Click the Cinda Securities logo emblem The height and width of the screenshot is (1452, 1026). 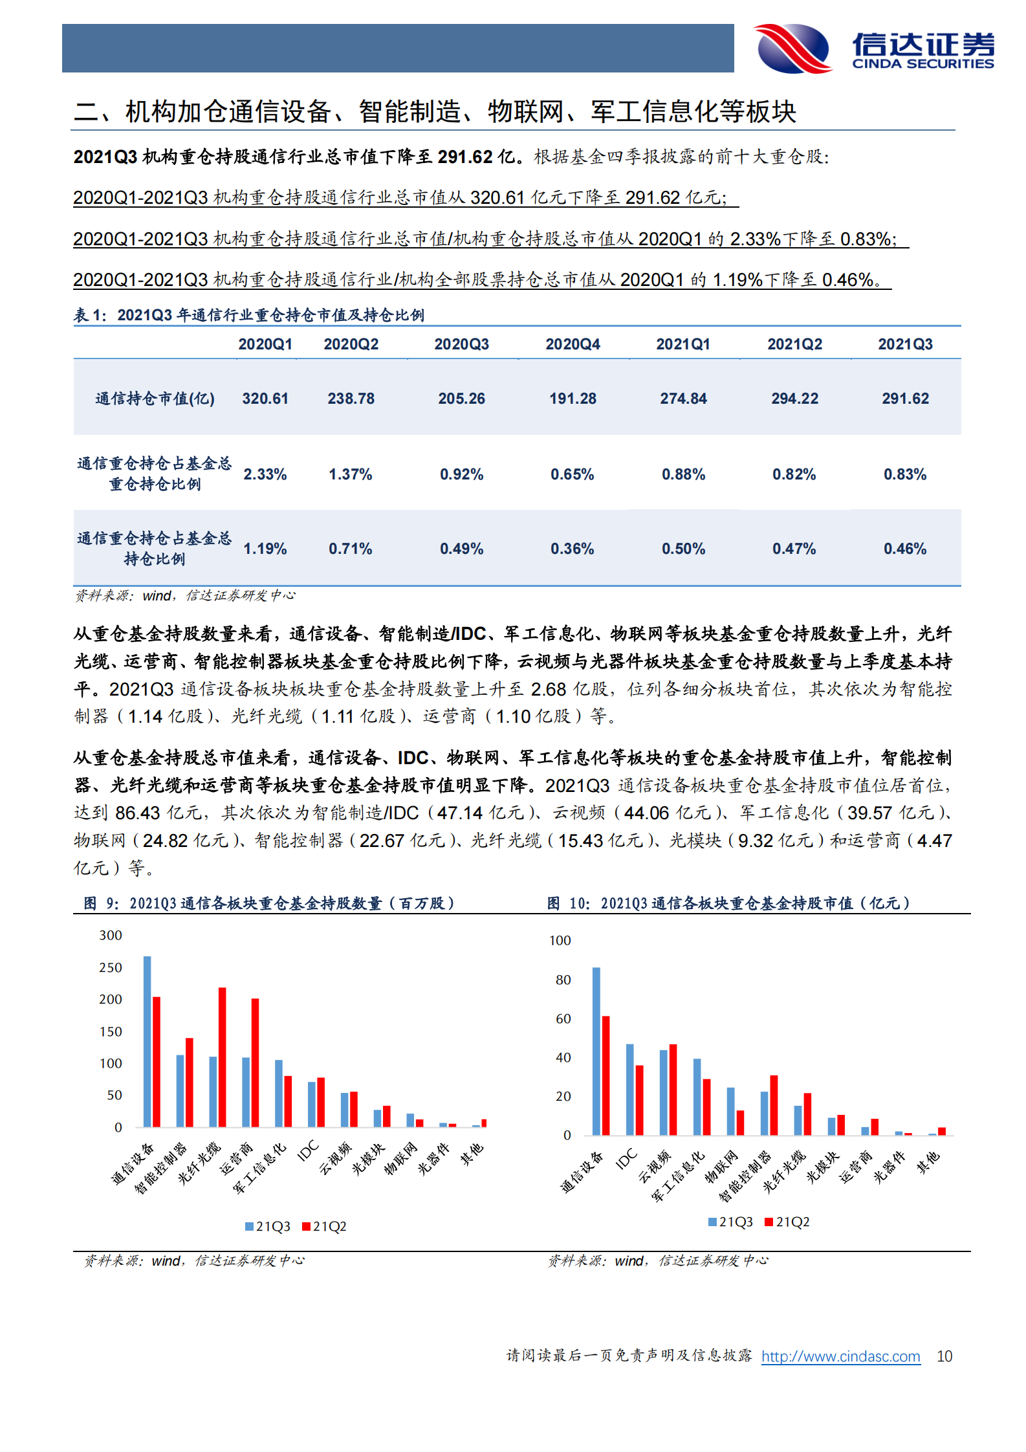tap(794, 49)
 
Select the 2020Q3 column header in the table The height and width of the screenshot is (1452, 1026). tap(461, 344)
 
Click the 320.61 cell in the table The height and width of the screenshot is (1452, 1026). tap(265, 399)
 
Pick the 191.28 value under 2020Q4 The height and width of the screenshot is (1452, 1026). tap(573, 399)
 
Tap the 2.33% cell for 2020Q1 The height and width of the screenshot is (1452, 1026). tap(265, 474)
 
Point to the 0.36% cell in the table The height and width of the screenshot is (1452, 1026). tap(573, 549)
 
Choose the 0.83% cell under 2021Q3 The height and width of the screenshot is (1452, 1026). tap(905, 474)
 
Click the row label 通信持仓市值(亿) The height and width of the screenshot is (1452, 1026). tap(155, 399)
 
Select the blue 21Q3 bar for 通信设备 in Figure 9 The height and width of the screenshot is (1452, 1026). tap(147, 1042)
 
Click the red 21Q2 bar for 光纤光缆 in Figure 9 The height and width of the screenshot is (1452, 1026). tap(222, 1057)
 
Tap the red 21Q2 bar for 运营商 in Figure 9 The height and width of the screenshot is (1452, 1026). tap(255, 1062)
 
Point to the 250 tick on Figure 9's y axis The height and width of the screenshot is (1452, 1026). tap(111, 967)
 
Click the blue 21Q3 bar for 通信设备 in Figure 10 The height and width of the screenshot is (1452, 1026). tap(596, 1051)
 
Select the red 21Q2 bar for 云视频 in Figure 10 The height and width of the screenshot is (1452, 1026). tap(673, 1090)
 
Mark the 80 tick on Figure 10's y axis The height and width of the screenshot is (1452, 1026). tap(563, 980)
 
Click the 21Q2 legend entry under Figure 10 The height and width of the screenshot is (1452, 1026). tap(787, 1222)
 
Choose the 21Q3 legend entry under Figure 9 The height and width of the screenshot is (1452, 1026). tap(268, 1226)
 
